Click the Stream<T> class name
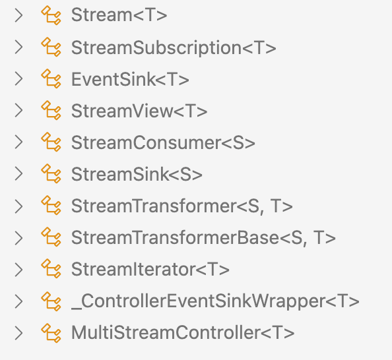[119, 15]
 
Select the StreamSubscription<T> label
[174, 47]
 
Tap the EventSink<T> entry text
[130, 79]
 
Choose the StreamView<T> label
[139, 111]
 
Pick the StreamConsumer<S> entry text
[163, 142]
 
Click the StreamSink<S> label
[137, 174]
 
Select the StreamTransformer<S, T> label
[182, 206]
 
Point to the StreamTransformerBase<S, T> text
[203, 237]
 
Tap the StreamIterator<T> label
[150, 269]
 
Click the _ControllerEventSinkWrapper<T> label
[215, 301]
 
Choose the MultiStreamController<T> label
[183, 333]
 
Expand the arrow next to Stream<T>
[18, 15]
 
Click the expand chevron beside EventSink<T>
[18, 79]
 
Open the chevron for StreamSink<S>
[18, 174]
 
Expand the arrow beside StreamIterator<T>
[18, 269]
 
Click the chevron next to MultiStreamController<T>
[18, 333]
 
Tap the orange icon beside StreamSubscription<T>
[51, 47]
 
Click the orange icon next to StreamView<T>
[51, 111]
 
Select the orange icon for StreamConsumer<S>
[51, 142]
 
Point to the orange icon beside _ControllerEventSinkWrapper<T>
[51, 301]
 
